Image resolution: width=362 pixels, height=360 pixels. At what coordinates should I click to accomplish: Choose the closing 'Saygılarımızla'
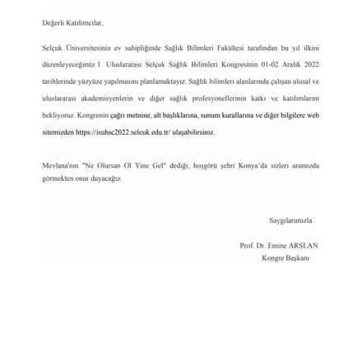coord(290,220)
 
